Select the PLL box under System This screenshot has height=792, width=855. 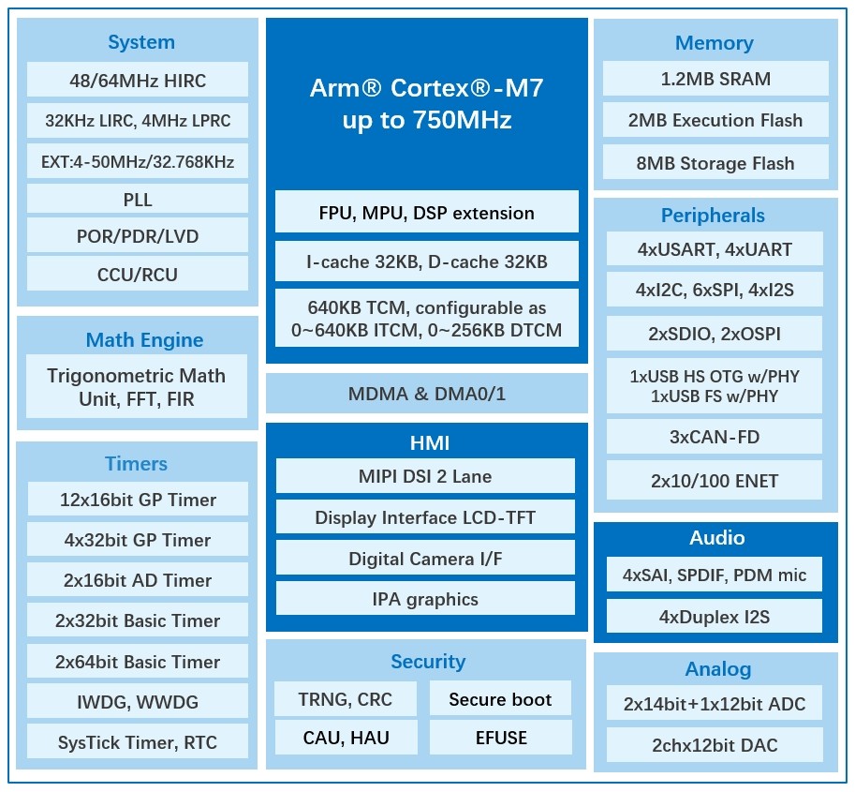pos(138,199)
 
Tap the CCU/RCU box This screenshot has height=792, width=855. pos(138,275)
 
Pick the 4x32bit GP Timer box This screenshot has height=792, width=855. pos(138,540)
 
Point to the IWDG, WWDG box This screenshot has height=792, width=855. pos(138,701)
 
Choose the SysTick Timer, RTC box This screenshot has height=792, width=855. pos(138,742)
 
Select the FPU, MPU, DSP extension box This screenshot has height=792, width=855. pos(426,213)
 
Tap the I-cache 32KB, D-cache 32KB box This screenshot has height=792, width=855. pos(426,262)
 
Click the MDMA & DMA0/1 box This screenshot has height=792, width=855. pos(426,394)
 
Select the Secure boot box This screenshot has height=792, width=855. pos(500,699)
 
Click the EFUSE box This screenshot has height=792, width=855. pos(500,738)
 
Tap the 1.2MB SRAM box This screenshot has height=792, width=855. pos(715,79)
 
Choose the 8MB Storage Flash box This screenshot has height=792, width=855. pos(715,163)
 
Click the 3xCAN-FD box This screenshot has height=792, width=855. pos(715,437)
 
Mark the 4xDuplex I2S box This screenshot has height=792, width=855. pos(715,617)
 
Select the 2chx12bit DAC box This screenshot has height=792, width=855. pos(715,745)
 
